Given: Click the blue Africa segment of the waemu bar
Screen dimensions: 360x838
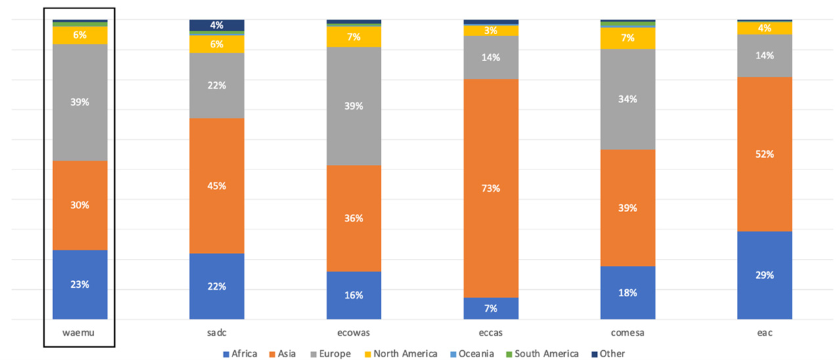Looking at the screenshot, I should (79, 284).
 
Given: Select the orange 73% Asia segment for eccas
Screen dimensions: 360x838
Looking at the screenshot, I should (491, 188).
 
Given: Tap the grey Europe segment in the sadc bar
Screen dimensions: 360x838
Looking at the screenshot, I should (217, 85).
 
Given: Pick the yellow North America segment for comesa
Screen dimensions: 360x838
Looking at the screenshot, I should (627, 38).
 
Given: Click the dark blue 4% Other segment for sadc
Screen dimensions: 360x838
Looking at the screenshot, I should (217, 25).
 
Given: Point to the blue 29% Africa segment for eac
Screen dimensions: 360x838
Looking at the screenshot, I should (764, 275).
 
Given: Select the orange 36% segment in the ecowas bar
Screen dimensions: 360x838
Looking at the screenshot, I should (353, 218).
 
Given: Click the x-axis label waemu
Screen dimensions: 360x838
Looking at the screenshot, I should (79, 333).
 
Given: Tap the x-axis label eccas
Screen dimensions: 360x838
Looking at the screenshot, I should (491, 333).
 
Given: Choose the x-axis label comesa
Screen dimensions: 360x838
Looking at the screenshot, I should (627, 333).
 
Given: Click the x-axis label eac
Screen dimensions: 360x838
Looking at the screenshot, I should (764, 333).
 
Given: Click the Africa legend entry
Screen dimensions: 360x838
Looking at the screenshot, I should (240, 354).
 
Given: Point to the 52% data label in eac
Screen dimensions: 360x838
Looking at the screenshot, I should (764, 154).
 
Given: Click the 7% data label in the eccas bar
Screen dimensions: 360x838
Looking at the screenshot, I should (491, 308).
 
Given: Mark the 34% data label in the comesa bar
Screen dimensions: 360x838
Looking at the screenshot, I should (627, 99).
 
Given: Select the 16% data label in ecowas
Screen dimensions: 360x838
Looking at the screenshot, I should (353, 295).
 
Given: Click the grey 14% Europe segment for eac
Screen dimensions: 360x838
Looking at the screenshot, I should (764, 56).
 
